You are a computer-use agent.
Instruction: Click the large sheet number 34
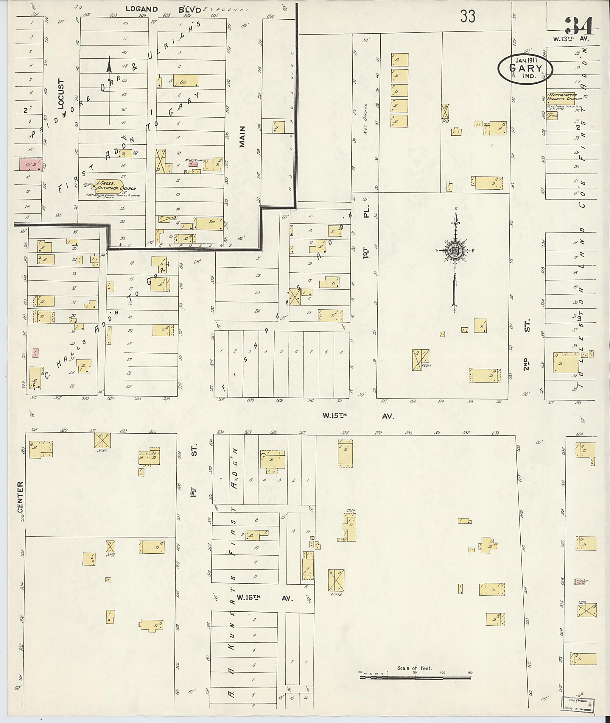point(579,25)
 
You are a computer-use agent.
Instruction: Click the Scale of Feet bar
point(415,678)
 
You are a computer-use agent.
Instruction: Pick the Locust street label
point(62,94)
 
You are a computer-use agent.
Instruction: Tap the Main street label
point(242,137)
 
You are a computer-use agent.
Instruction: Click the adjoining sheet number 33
point(468,16)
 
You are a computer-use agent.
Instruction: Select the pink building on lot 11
point(31,165)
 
